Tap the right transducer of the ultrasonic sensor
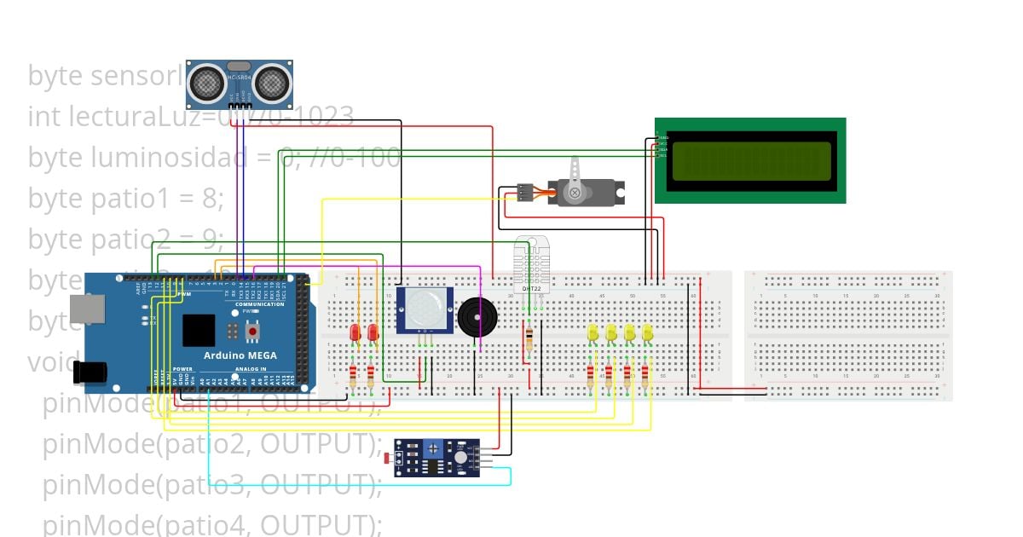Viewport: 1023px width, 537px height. (x=272, y=82)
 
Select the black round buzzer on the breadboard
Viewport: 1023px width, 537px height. (x=475, y=317)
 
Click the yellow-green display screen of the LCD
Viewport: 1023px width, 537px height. (x=751, y=161)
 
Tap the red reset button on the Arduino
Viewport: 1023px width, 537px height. (x=251, y=330)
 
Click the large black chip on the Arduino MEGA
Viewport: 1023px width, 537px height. (x=199, y=331)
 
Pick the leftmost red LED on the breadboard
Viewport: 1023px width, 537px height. (x=355, y=332)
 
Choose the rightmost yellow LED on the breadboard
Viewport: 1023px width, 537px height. (x=647, y=332)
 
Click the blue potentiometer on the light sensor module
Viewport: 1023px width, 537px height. (x=433, y=447)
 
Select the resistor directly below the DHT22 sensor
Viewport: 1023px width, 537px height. (x=529, y=340)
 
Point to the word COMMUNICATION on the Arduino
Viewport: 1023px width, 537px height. (x=260, y=304)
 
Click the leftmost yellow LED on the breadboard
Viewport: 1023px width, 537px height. (x=593, y=332)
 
